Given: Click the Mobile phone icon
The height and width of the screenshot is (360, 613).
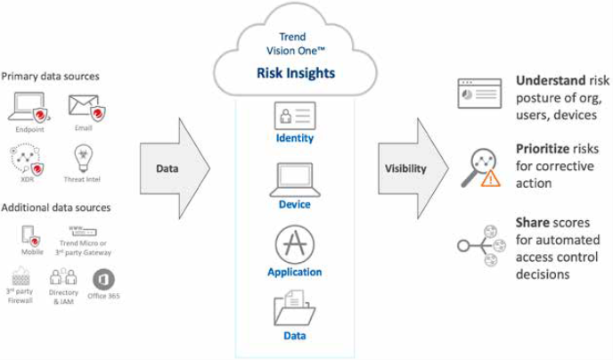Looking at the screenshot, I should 31,236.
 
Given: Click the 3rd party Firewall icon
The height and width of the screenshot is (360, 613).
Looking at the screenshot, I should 20,277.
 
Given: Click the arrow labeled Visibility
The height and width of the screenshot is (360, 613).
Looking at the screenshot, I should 410,168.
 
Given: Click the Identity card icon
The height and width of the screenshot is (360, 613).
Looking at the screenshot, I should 295,116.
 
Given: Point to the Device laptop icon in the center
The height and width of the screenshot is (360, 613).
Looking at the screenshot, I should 295,178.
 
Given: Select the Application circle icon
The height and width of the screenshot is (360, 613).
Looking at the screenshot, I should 295,244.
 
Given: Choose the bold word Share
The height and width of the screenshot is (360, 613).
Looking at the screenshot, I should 533,221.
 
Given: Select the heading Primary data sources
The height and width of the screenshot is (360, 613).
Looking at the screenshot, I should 51,77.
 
